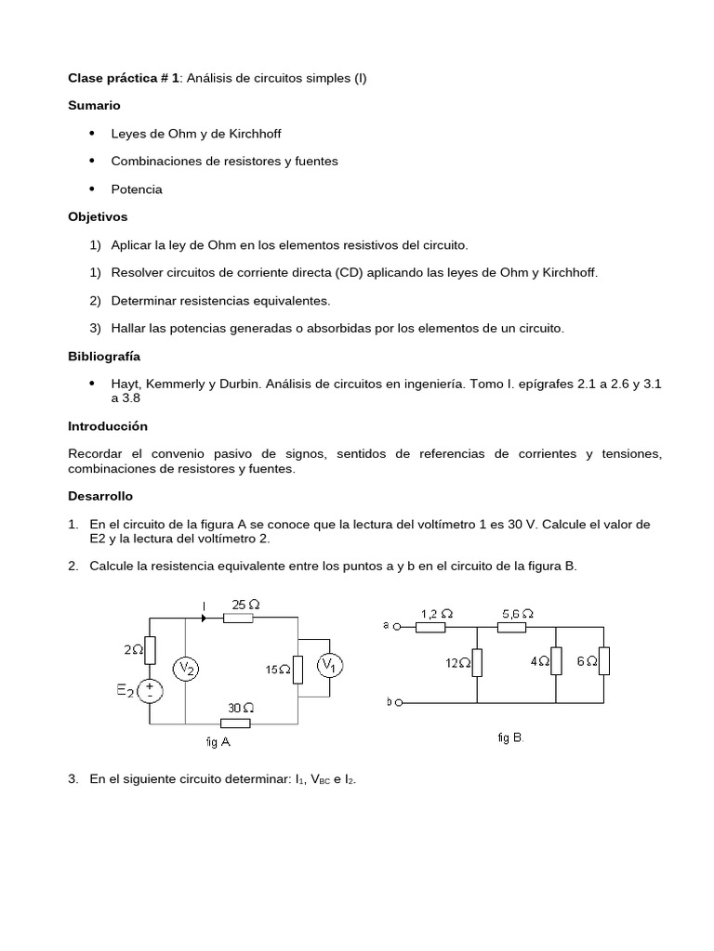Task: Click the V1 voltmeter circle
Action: tap(328, 666)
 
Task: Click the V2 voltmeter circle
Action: tap(186, 669)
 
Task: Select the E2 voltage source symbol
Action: tap(151, 690)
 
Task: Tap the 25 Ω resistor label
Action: tap(245, 605)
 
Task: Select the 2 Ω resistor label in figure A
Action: tap(131, 651)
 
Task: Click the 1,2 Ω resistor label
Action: tap(436, 614)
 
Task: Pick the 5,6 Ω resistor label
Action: tap(517, 614)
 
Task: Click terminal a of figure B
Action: tap(397, 627)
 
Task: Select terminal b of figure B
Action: tap(397, 702)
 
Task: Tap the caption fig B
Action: tap(510, 737)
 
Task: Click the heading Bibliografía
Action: tap(104, 356)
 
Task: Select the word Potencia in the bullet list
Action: tap(137, 189)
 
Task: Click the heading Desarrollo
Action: tap(101, 497)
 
